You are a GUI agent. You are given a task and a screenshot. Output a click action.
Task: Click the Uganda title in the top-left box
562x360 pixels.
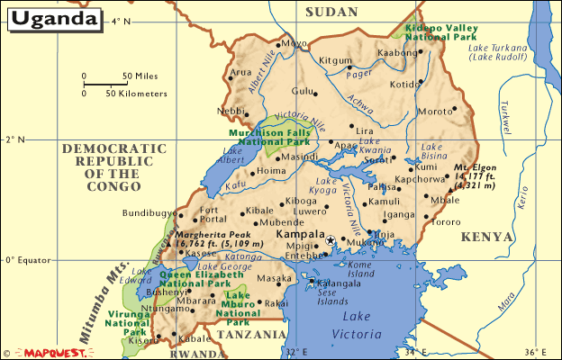[x=55, y=18]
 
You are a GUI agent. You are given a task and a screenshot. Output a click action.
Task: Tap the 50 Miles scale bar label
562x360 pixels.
[x=140, y=76]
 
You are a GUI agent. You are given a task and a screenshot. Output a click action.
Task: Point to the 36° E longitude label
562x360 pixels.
[x=536, y=352]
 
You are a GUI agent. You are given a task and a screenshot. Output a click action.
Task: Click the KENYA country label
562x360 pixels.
[x=487, y=237]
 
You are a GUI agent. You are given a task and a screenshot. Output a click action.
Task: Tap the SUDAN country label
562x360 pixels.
[x=331, y=12]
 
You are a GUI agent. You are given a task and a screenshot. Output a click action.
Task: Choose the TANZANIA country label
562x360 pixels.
[x=250, y=334]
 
